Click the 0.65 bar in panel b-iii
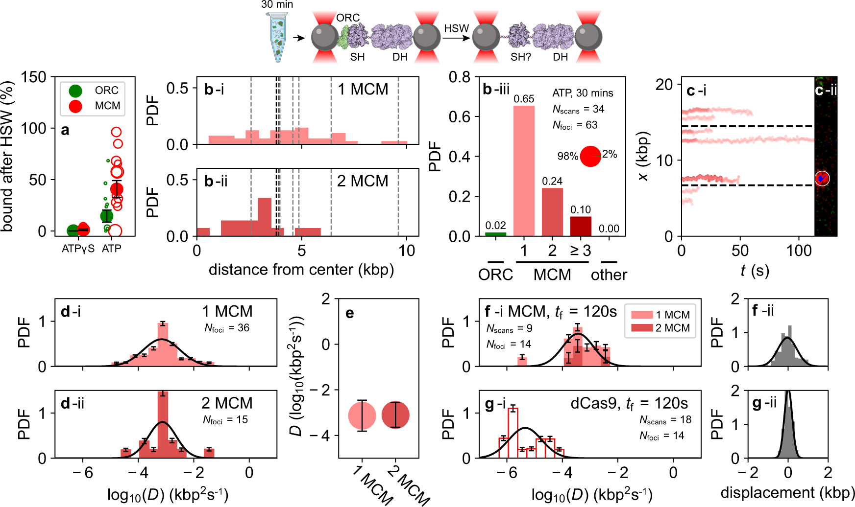pos(524,171)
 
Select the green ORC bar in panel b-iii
pos(495,234)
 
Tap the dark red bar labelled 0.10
pos(581,226)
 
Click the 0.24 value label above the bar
pos(552,182)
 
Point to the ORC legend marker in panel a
pos(75,91)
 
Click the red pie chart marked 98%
pos(590,156)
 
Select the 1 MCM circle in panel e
pos(362,415)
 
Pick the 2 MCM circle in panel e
pos(395,415)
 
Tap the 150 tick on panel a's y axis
pos(34,77)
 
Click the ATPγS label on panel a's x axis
pos(78,249)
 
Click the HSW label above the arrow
pos(456,29)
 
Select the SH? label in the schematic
pos(520,57)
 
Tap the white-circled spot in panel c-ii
pos(822,179)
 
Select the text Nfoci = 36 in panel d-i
pos(227,328)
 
